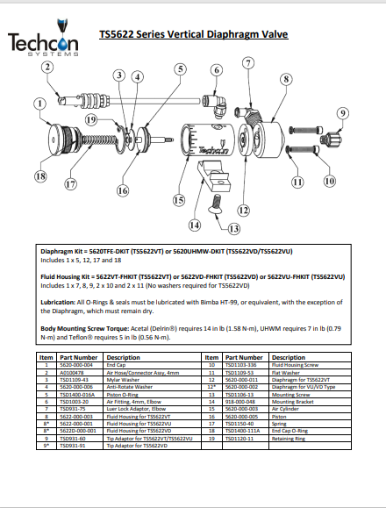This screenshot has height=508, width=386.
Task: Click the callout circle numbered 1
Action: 39,104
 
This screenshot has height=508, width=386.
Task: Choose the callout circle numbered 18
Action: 39,176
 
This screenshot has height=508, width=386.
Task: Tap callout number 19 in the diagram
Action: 91,120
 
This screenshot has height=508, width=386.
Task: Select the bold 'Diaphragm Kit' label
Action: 65,251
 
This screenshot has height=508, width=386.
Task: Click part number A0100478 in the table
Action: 74,373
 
